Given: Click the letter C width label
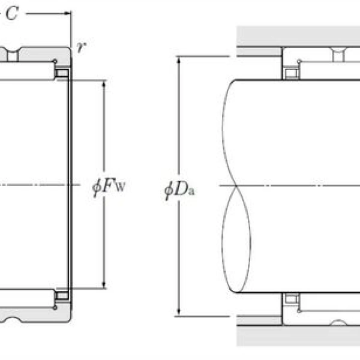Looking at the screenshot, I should click(11, 14).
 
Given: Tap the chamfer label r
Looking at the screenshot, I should click(82, 48).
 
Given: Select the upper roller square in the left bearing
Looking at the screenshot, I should click(61, 73).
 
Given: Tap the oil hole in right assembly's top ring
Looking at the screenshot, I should click(338, 56).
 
